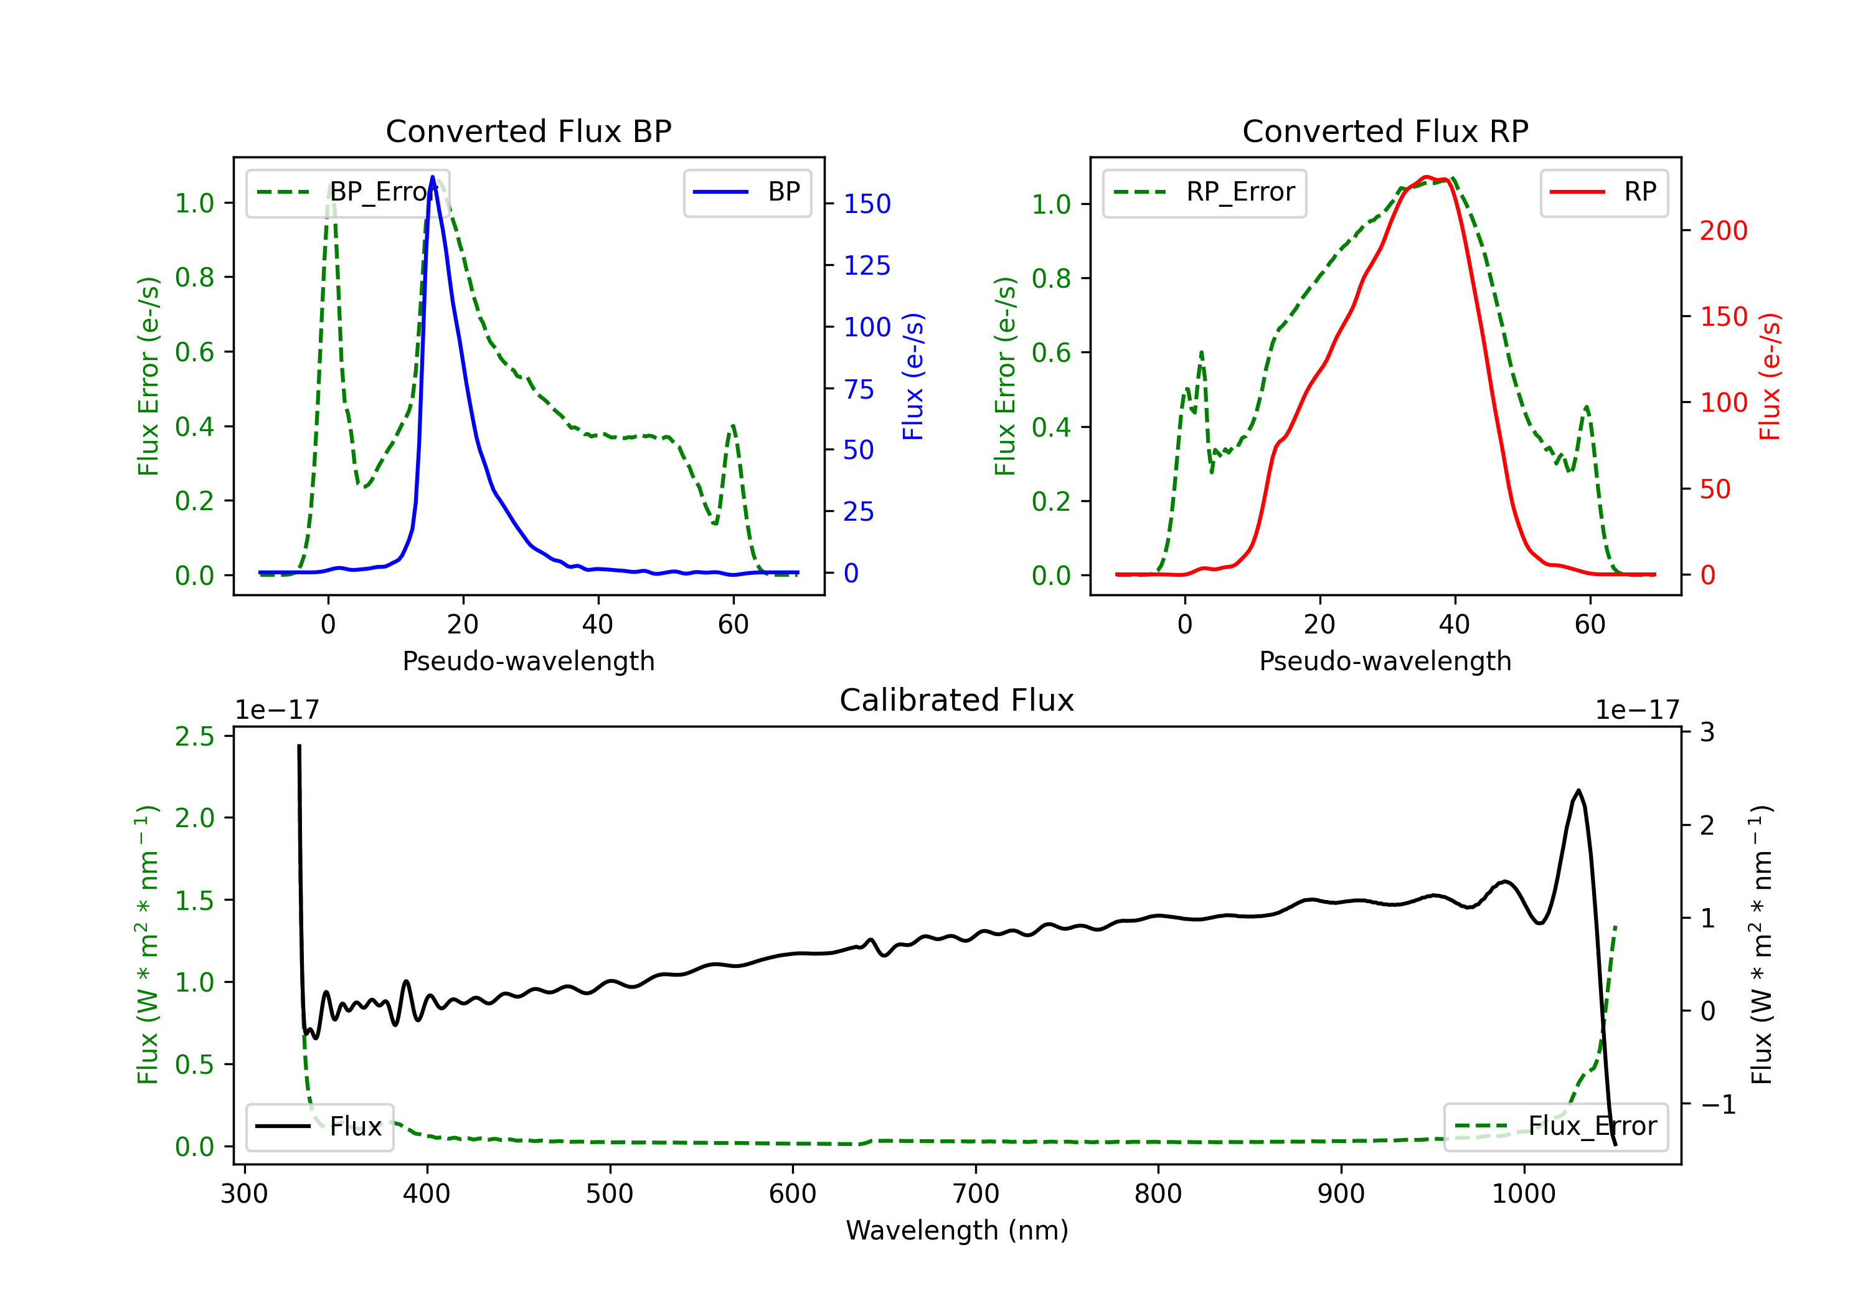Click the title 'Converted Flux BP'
(x=528, y=131)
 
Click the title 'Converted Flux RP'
(x=1385, y=131)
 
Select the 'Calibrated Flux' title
(x=957, y=700)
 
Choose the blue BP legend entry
(x=747, y=192)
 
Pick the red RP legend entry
(x=1603, y=192)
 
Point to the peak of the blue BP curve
(x=432, y=177)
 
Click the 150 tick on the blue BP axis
(x=867, y=204)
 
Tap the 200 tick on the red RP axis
(x=1723, y=230)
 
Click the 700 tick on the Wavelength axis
(x=976, y=1193)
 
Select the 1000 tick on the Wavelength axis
(x=1524, y=1193)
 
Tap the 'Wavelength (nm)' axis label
(x=957, y=1230)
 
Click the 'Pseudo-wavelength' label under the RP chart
(x=1385, y=661)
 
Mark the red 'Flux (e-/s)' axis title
(x=1769, y=376)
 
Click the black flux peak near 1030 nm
(x=1578, y=790)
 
